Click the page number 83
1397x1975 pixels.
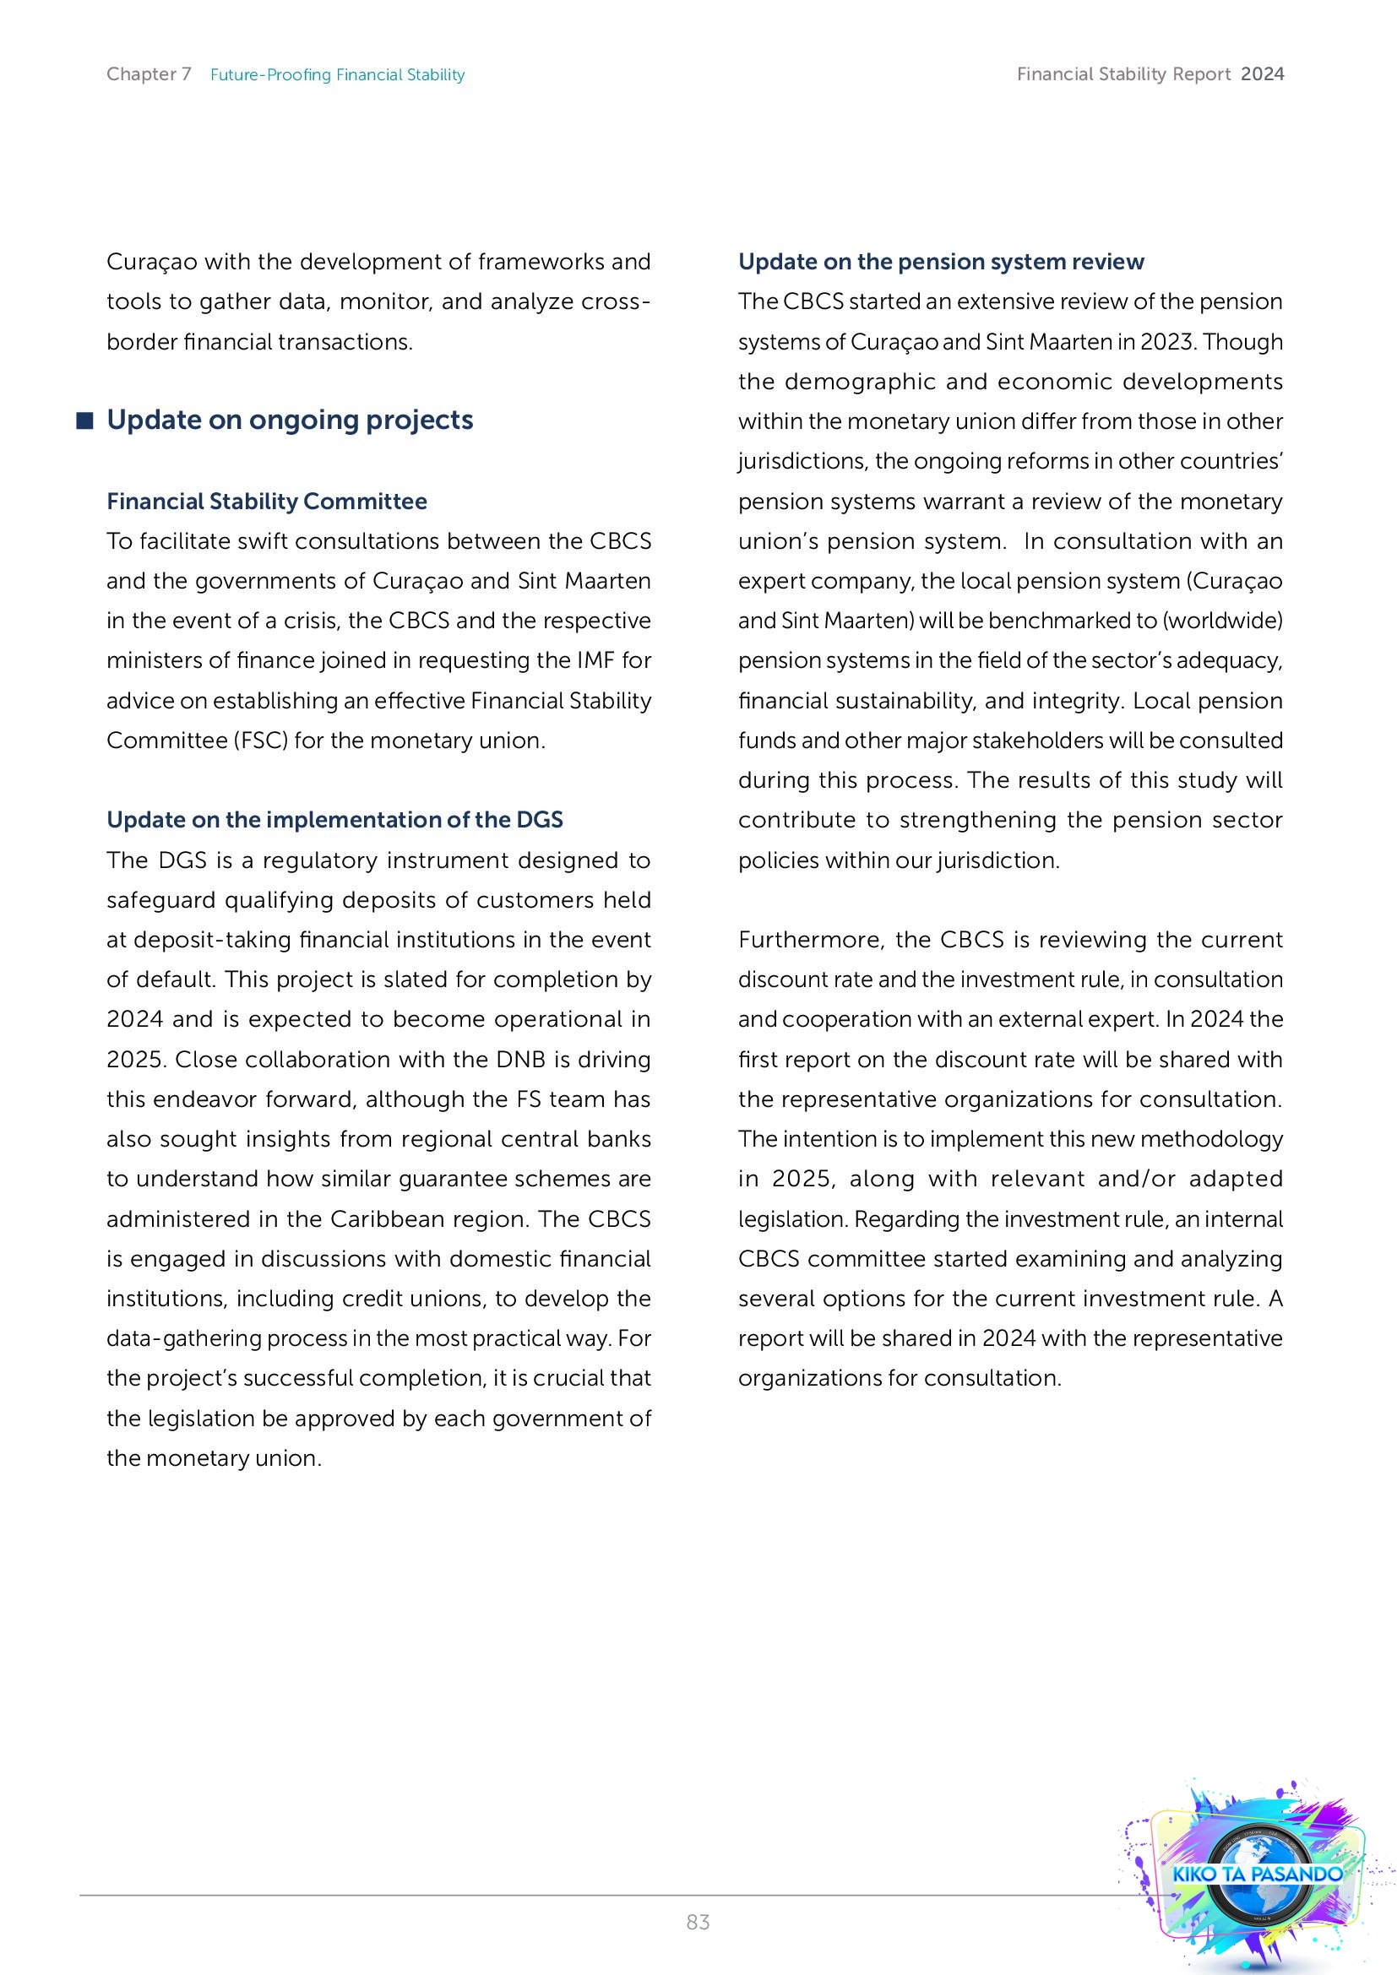[698, 1922]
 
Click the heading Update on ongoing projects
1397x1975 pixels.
[290, 420]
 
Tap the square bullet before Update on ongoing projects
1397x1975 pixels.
[84, 421]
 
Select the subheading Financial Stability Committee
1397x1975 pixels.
[267, 502]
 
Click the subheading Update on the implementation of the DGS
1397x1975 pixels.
[334, 820]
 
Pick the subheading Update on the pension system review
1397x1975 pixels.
[941, 262]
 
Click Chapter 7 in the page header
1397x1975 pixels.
[149, 74]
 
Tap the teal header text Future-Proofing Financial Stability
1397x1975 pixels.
[337, 75]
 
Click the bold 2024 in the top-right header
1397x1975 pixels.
[1262, 74]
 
